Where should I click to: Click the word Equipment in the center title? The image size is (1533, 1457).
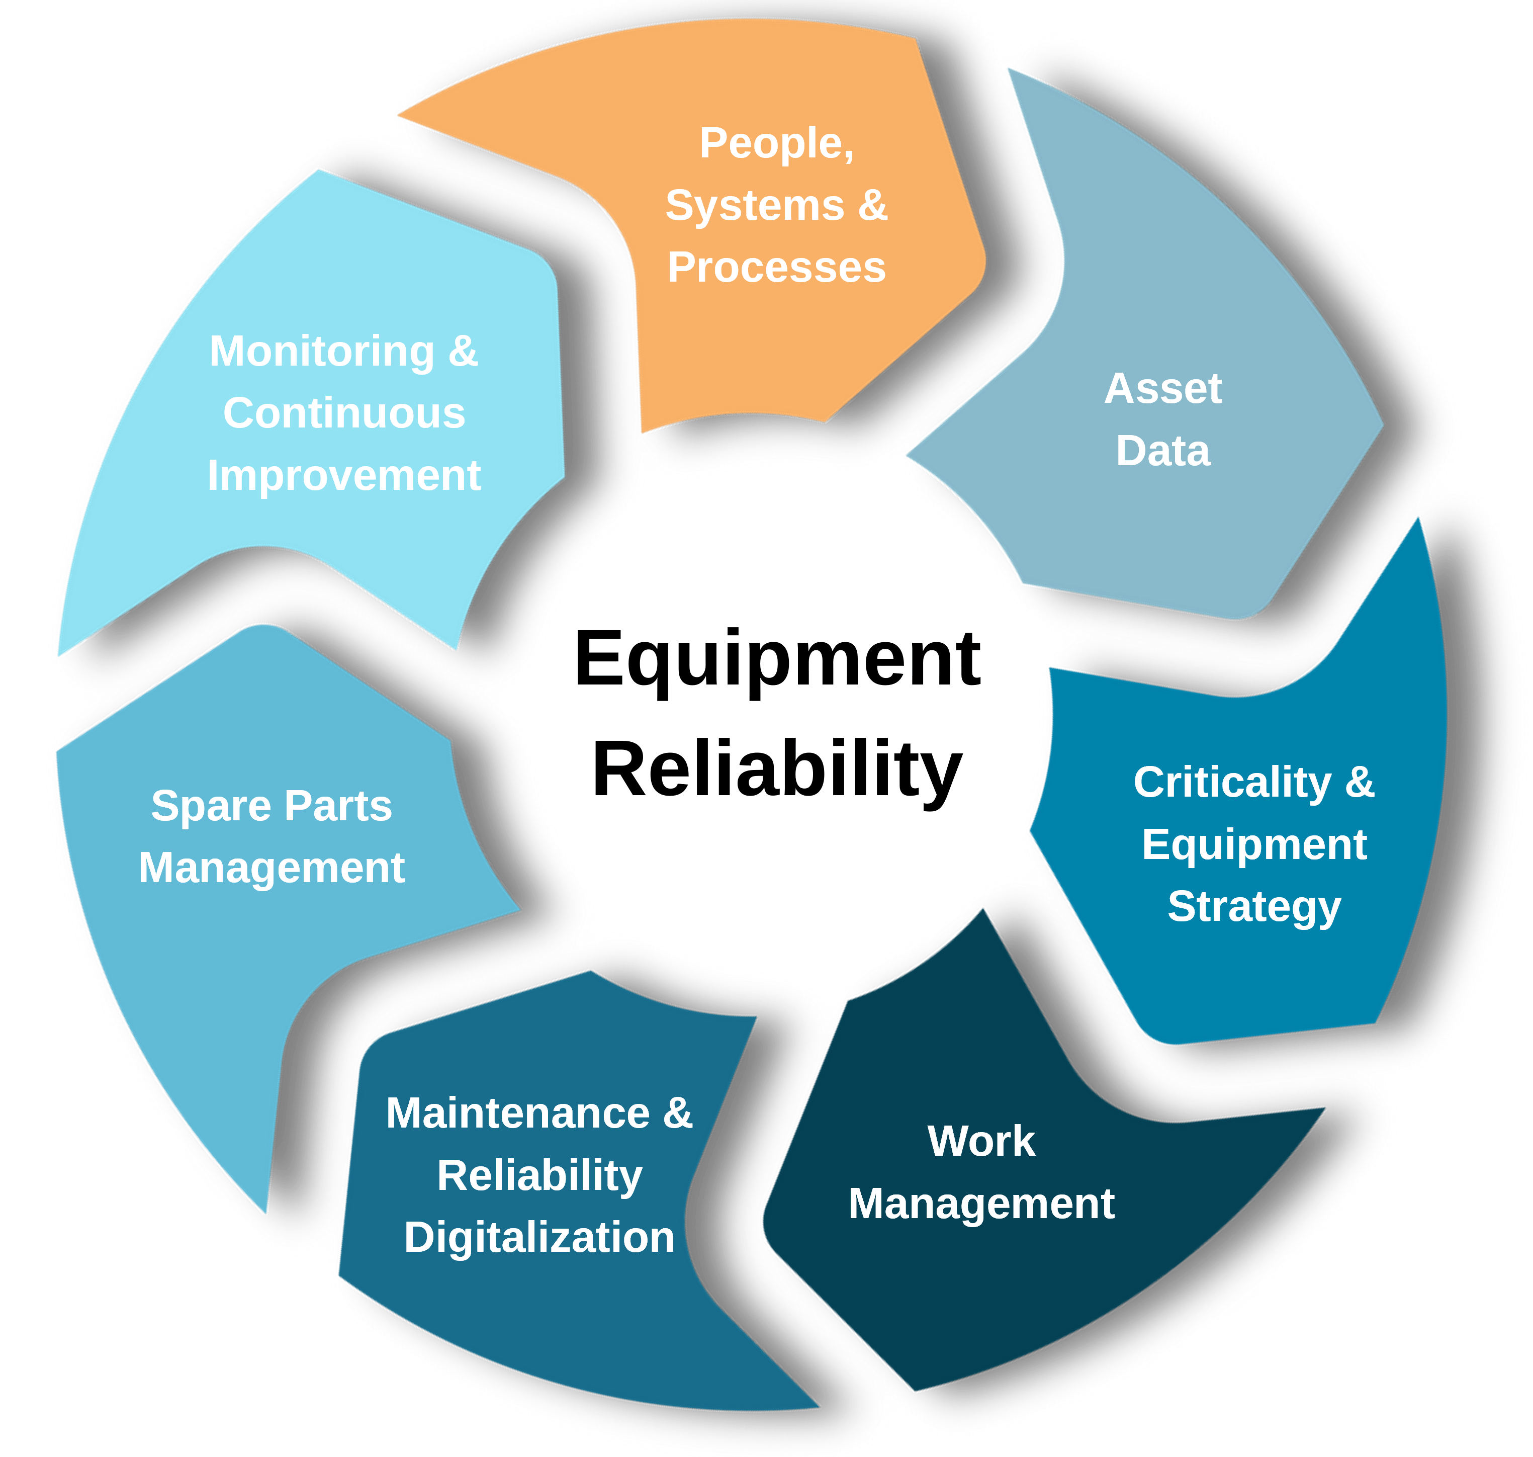coord(777,661)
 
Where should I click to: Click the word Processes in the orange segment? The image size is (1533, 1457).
coord(777,268)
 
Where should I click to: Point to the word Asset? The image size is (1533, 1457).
coord(1162,388)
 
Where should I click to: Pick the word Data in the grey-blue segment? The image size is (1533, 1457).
coord(1162,451)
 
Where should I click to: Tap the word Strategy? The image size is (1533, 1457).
coord(1254,906)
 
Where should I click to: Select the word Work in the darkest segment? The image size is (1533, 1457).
coord(981,1141)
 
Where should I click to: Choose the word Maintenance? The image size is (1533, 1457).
coord(518,1113)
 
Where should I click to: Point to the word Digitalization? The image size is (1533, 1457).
coord(539,1237)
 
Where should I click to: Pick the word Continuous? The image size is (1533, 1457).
coord(344,413)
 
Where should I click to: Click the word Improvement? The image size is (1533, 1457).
coord(344,475)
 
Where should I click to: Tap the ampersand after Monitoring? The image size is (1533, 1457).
coord(463,351)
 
